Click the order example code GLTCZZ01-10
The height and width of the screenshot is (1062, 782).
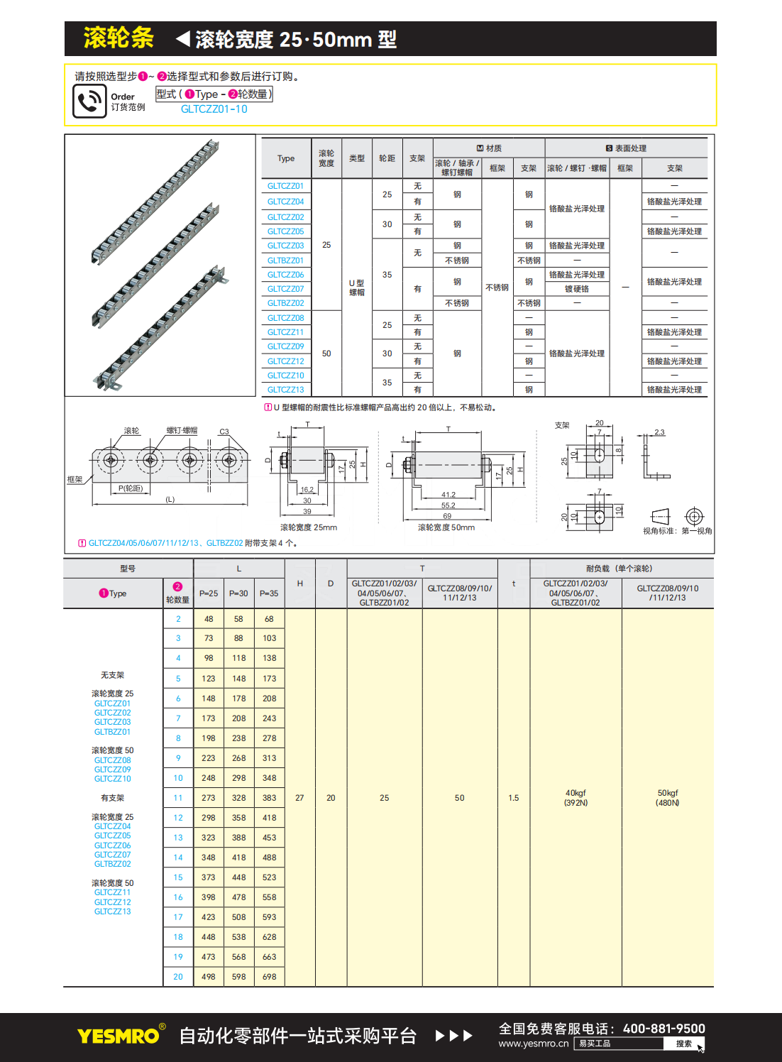[x=214, y=109]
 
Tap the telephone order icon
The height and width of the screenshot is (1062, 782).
[x=89, y=102]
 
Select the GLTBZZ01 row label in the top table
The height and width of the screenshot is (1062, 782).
[x=285, y=261]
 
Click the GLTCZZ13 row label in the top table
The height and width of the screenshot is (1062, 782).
[x=285, y=390]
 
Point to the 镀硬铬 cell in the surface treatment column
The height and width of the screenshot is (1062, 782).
[x=577, y=289]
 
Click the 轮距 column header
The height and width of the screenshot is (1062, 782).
[x=387, y=158]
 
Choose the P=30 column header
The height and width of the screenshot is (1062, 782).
[x=238, y=593]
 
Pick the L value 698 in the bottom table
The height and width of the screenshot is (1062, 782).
[x=270, y=977]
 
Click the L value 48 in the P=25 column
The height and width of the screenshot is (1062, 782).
[x=209, y=619]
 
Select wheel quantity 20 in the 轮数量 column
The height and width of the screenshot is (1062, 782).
[x=178, y=977]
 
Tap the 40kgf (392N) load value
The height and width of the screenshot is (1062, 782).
[x=576, y=798]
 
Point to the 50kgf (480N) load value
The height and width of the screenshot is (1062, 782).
[x=668, y=798]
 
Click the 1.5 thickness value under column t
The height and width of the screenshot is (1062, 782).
[x=514, y=798]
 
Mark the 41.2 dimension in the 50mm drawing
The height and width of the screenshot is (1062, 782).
[x=448, y=495]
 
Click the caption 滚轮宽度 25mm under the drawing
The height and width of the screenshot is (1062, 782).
[x=309, y=527]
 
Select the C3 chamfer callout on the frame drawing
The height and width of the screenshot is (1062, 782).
[x=224, y=432]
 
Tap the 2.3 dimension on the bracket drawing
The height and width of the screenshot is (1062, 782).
[x=660, y=432]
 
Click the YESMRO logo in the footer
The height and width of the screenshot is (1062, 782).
[x=119, y=1036]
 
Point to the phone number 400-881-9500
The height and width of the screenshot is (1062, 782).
[x=663, y=1029]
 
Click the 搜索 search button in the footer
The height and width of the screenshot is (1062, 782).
[x=684, y=1044]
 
